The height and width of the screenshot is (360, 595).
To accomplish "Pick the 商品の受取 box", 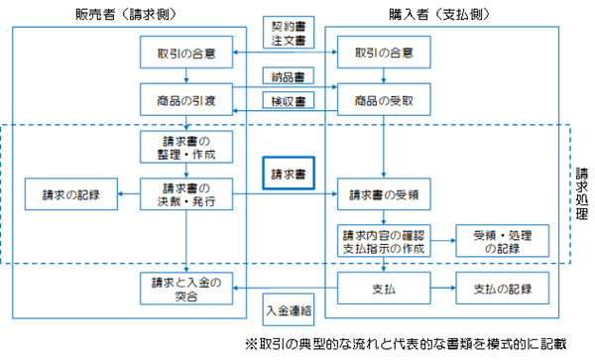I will coord(383,99).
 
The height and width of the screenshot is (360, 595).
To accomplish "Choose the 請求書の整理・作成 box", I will coord(186,149).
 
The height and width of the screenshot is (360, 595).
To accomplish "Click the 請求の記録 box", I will coord(67,193).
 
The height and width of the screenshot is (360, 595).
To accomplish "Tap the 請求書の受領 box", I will coord(383,194).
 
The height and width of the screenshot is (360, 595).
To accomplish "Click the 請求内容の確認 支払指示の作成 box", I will coord(383,240).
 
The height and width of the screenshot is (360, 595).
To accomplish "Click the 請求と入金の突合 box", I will coord(186,289).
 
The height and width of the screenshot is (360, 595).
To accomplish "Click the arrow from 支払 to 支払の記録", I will coord(440,290).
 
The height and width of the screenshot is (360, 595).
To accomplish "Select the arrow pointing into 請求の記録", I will coord(124,193).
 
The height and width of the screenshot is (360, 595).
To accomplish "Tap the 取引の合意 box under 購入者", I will coord(383,51).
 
